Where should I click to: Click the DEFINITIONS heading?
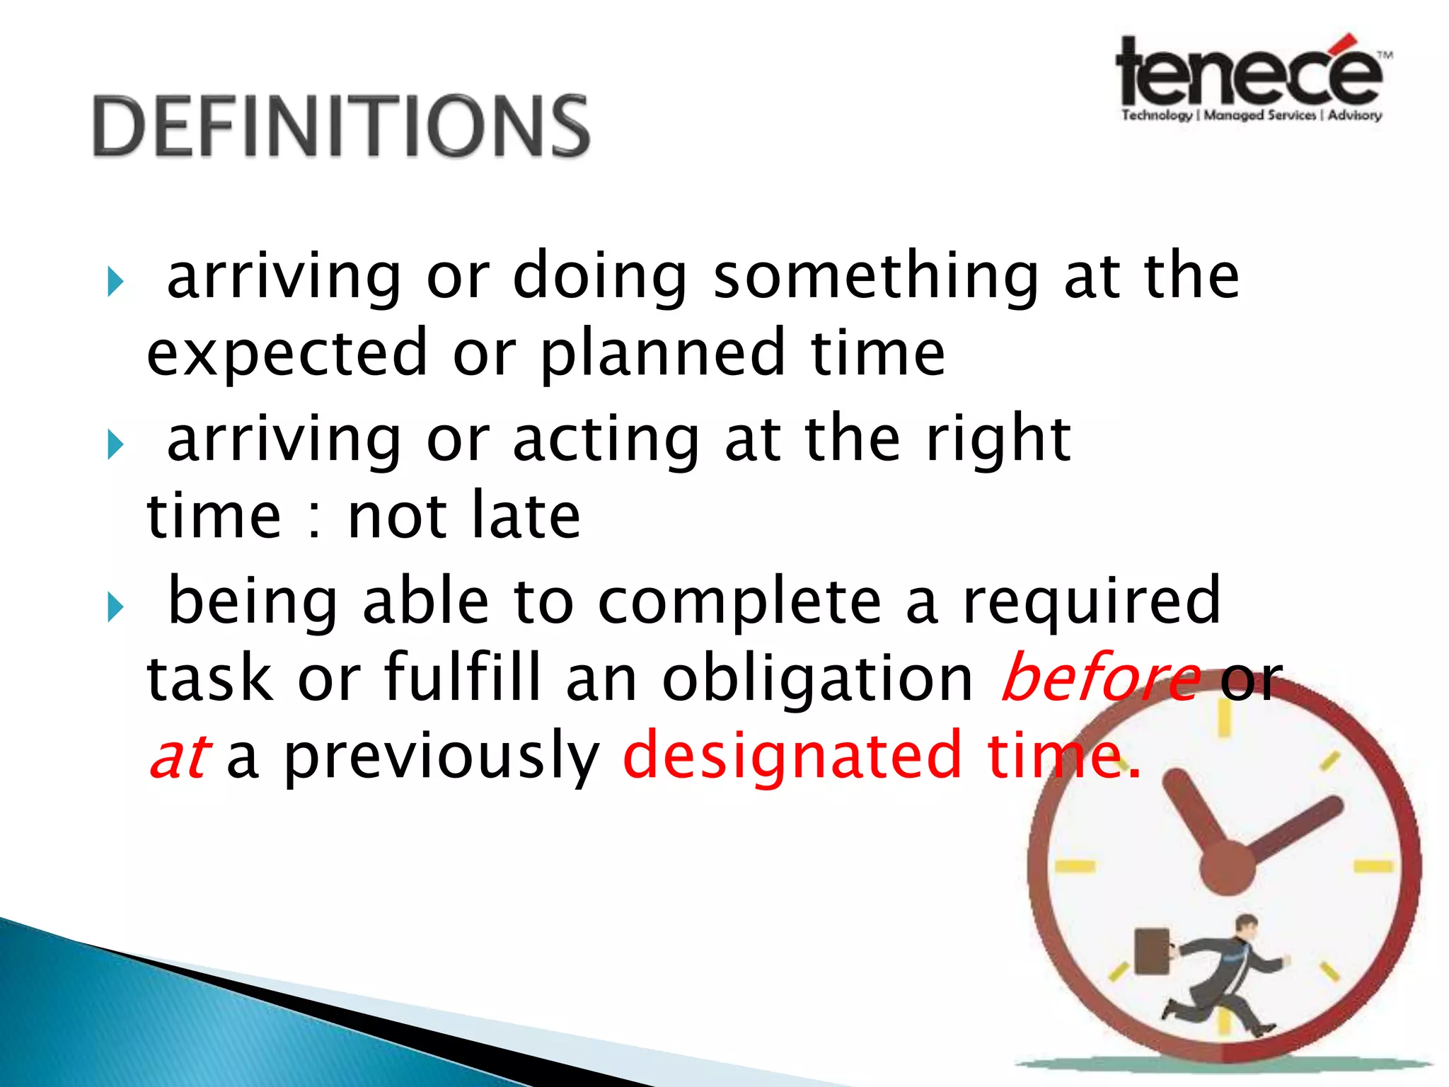[x=341, y=126]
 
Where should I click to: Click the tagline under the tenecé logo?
[x=1251, y=115]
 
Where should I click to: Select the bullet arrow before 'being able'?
[x=115, y=607]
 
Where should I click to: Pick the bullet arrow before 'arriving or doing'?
[x=115, y=282]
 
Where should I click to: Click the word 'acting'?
[x=606, y=440]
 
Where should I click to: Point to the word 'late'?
[x=526, y=516]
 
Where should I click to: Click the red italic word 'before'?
[x=1101, y=678]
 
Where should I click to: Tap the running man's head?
[x=1246, y=926]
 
